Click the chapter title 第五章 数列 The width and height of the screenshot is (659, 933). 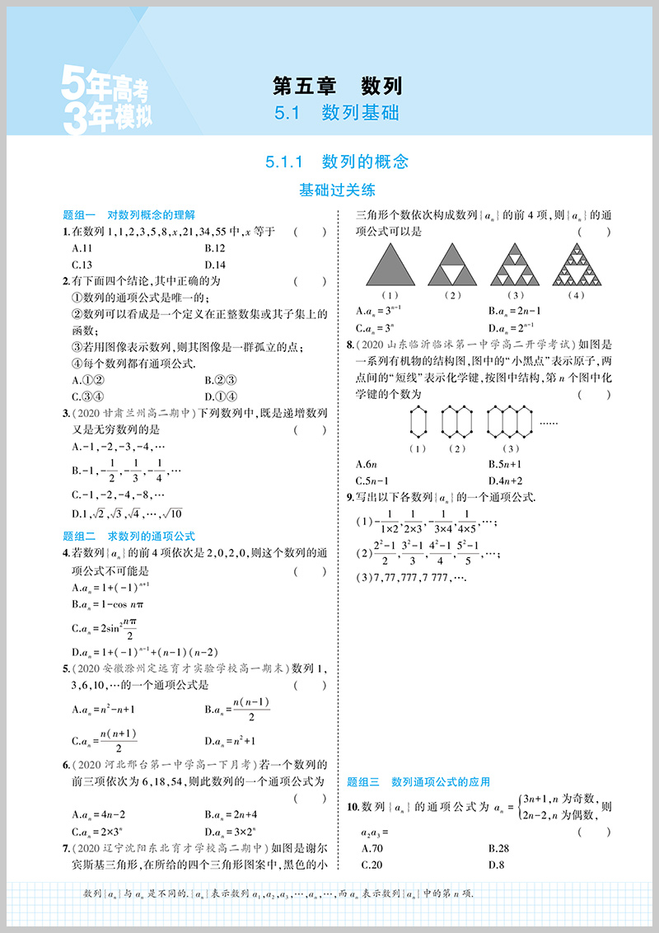click(337, 85)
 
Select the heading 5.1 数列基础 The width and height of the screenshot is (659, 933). click(337, 113)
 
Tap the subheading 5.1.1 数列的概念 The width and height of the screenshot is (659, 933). click(337, 162)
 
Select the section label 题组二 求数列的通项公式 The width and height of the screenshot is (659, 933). click(129, 536)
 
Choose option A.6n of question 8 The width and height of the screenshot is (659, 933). click(366, 464)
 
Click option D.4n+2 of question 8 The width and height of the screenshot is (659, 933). click(506, 481)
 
